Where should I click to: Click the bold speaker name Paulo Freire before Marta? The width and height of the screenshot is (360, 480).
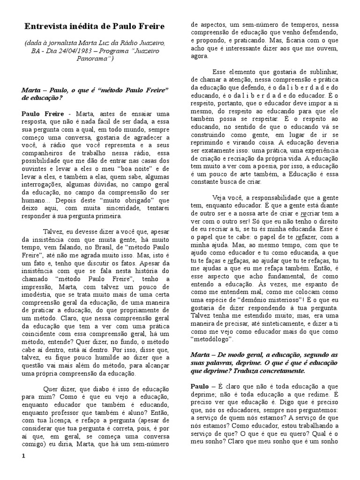(42, 114)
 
